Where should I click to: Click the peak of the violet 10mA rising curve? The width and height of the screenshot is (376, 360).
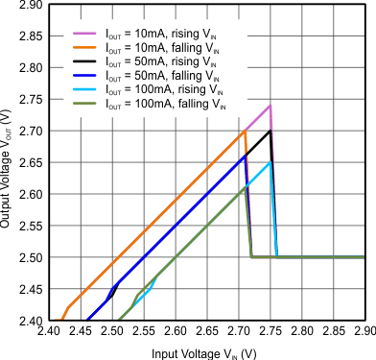pyautogui.click(x=270, y=106)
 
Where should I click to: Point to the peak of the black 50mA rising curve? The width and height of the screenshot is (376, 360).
pyautogui.click(x=270, y=131)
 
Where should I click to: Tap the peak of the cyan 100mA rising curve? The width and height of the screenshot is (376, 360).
pyautogui.click(x=270, y=162)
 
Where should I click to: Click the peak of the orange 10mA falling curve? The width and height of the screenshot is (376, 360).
pyautogui.click(x=246, y=131)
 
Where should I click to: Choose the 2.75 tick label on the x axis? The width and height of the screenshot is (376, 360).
pyautogui.click(x=270, y=333)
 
